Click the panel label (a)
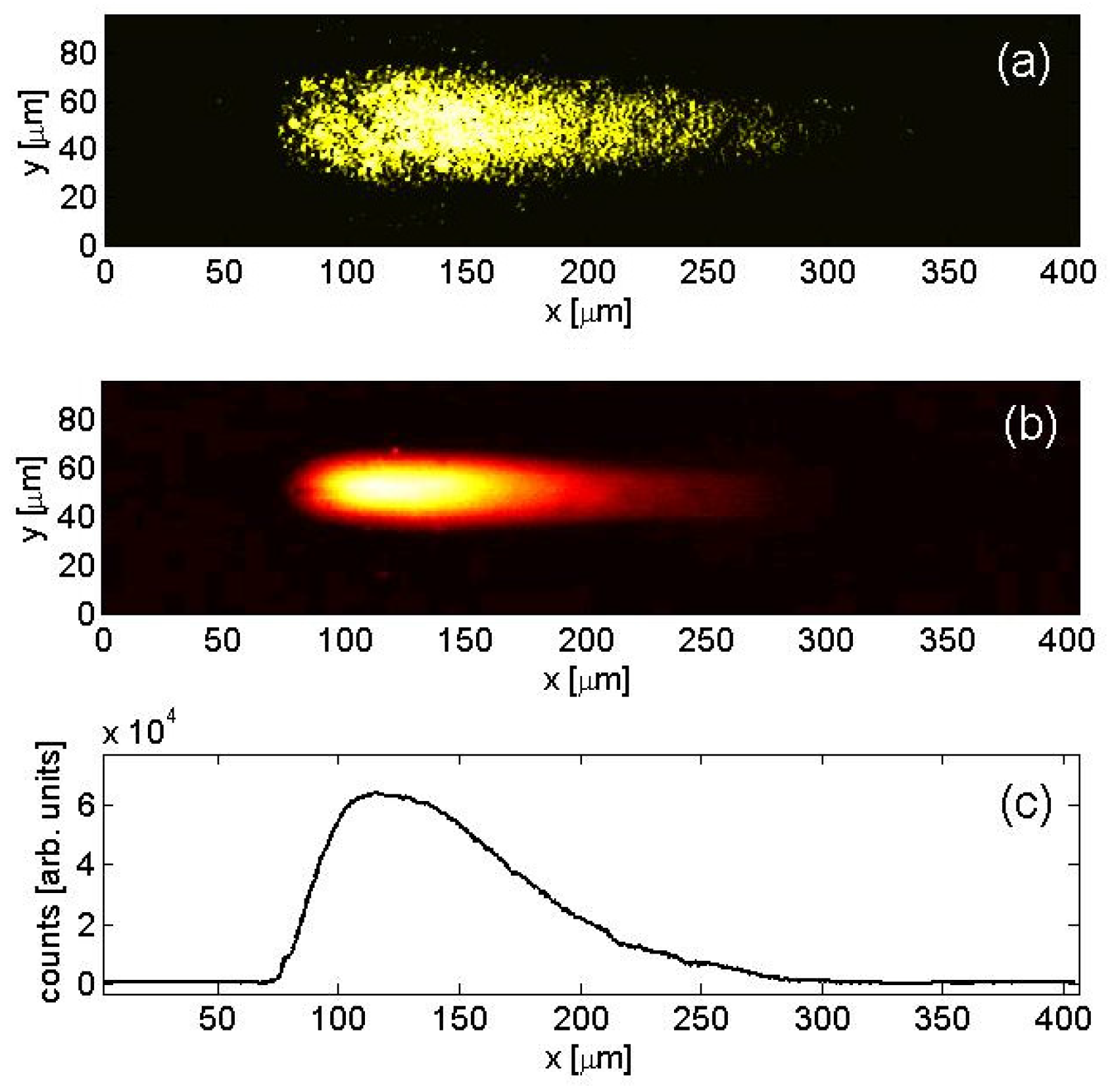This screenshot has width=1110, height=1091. (1023, 64)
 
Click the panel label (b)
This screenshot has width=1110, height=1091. (1030, 426)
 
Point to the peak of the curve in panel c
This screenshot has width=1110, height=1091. (376, 792)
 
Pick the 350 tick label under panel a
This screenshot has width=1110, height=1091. (948, 272)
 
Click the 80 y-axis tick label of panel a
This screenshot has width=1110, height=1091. (77, 52)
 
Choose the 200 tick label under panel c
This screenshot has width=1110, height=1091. (581, 1019)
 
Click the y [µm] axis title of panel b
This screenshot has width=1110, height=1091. (33, 498)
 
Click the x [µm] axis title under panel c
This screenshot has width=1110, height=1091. (588, 1057)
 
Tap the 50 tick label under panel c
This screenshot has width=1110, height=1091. (217, 1019)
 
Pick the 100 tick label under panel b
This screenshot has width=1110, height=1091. (345, 640)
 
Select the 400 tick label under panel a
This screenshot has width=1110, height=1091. (1067, 272)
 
